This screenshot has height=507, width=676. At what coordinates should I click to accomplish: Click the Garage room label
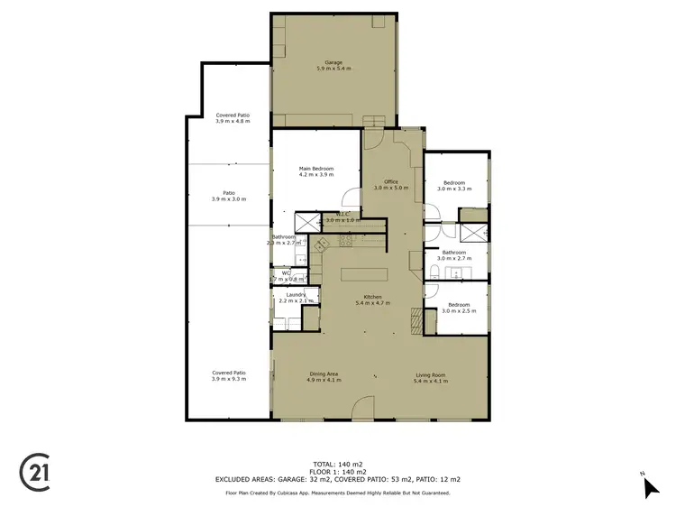pos(333,65)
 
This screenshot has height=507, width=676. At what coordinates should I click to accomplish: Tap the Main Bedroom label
pos(316,171)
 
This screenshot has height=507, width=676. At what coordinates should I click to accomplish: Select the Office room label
pos(391,185)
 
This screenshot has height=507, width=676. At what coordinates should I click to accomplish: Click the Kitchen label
pos(373,300)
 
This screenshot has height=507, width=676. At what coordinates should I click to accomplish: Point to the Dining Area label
pos(324,376)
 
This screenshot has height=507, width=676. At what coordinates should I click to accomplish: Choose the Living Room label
pos(429,376)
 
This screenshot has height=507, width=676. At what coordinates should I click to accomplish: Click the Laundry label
pos(297,297)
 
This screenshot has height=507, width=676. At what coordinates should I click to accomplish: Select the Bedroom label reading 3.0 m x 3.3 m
pos(454,186)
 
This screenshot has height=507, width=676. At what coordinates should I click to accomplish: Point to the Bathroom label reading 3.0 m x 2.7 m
pos(454,255)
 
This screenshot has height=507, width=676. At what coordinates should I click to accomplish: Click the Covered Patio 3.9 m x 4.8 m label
pos(233,118)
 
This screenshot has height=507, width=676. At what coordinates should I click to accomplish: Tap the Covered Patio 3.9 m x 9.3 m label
pos(229,375)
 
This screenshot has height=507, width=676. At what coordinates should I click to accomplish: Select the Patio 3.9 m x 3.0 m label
pos(229,196)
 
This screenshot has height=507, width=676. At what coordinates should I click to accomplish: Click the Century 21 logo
pos(34,473)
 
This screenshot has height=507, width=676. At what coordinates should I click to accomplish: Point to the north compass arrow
pos(652,488)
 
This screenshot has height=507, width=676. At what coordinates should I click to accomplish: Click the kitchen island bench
pos(364,273)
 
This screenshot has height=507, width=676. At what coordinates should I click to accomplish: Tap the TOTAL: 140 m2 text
pos(337,464)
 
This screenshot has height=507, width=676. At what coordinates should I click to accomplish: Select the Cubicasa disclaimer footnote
pos(337,493)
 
